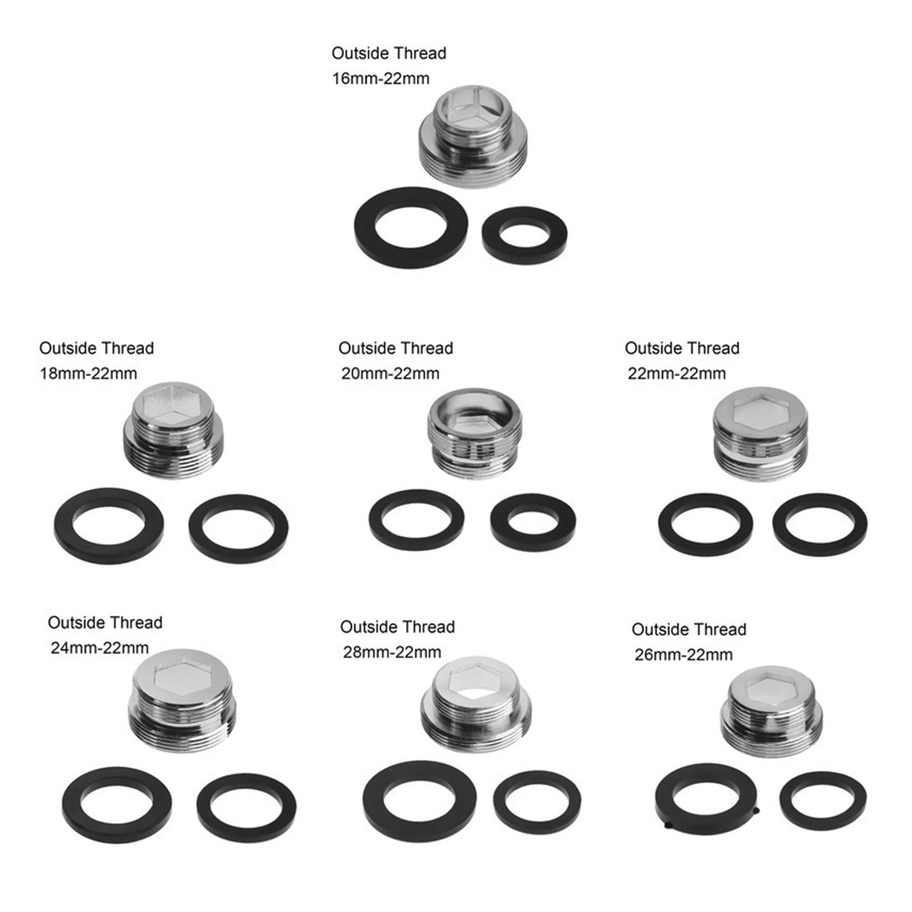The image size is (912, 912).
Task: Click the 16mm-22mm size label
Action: [381, 78]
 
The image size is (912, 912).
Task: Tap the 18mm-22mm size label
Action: [88, 373]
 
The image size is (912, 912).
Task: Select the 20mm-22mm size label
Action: [390, 373]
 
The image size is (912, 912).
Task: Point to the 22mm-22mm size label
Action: [677, 373]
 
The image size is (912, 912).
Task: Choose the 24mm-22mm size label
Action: [100, 648]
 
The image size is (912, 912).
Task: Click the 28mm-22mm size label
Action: [392, 652]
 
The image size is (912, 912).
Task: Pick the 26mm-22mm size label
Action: [683, 654]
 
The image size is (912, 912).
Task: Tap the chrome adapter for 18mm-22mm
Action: [173, 430]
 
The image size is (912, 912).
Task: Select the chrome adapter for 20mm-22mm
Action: [475, 433]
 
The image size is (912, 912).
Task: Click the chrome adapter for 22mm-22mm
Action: [760, 433]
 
